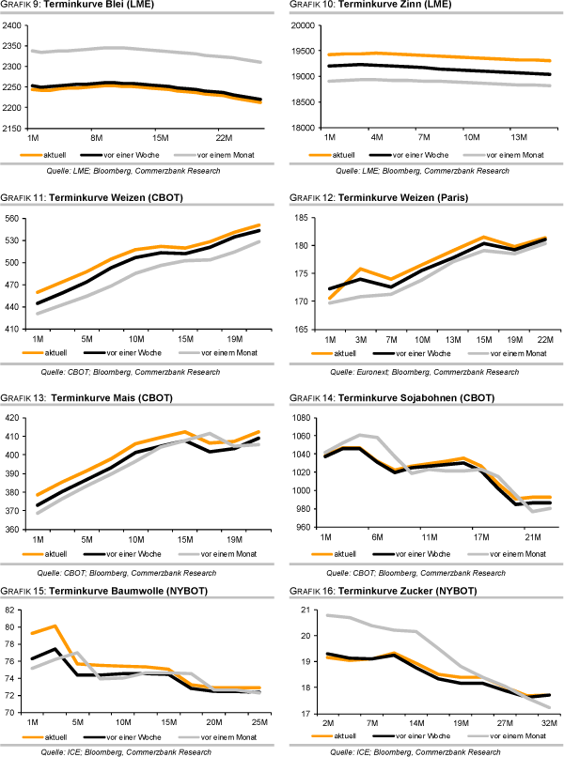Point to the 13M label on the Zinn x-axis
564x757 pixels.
coord(520,137)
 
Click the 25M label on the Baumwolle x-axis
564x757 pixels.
coord(257,721)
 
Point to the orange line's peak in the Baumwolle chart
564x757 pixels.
coord(56,626)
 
